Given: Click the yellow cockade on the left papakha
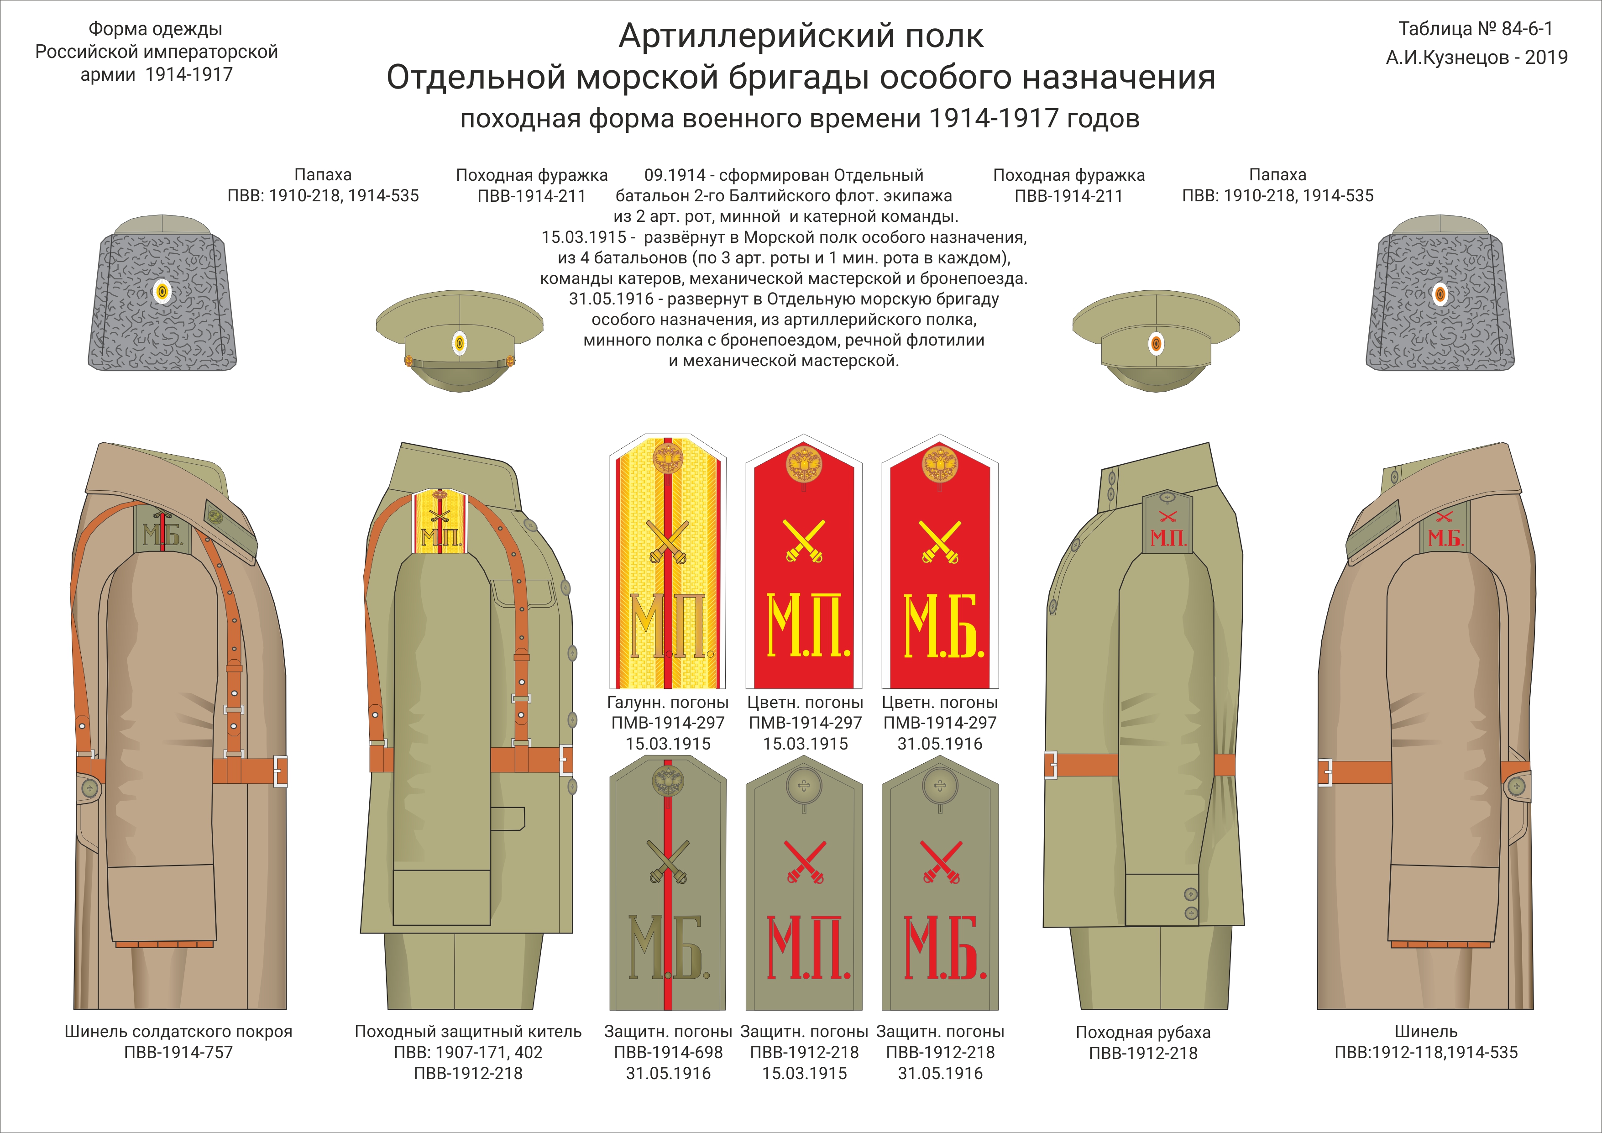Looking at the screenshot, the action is (162, 292).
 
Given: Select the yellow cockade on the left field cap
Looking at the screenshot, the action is (459, 343).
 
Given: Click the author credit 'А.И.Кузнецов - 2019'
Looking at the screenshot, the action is (1476, 57).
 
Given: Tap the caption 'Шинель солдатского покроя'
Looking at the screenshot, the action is (178, 1031).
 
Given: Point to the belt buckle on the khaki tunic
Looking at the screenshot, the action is (566, 759).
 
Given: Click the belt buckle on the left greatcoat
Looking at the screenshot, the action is (280, 771).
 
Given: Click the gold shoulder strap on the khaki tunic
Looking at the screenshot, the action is (439, 520).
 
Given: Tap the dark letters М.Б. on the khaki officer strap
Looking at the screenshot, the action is (668, 947).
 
